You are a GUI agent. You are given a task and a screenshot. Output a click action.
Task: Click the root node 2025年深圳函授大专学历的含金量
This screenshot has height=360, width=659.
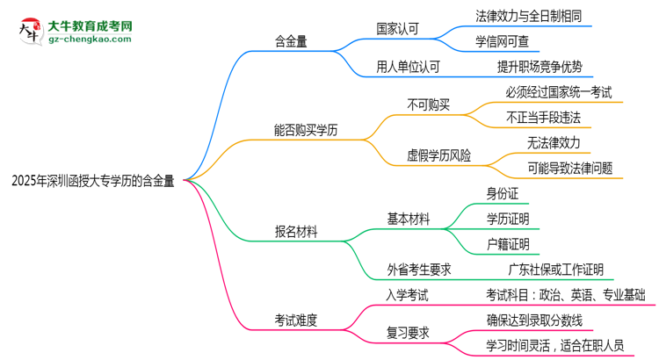tap(92, 181)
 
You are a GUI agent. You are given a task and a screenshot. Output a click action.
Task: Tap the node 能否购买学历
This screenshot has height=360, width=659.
tap(305, 129)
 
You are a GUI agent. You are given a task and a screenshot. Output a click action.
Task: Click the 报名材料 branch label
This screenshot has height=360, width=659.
tap(296, 232)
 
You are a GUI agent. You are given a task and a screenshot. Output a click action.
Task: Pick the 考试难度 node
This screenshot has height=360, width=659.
tap(296, 319)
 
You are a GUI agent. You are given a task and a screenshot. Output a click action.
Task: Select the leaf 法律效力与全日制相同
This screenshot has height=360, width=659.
tap(528, 15)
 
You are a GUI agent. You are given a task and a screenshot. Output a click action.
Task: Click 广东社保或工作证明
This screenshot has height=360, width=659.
tap(555, 269)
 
